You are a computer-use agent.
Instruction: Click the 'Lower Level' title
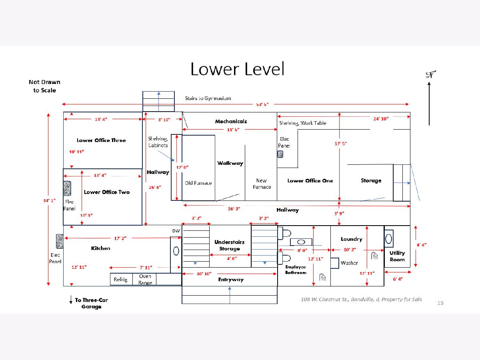237,69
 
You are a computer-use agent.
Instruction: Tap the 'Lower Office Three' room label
101,140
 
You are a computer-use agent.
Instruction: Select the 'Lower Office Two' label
107,192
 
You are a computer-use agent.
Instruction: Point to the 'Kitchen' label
100,248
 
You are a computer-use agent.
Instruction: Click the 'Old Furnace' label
198,183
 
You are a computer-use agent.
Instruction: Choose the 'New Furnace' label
262,184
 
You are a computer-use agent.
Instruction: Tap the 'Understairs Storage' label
229,245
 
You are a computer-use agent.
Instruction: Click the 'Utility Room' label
397,256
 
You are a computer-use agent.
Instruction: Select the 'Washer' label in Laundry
349,263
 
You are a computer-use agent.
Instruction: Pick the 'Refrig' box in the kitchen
120,280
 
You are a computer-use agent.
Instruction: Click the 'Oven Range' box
145,279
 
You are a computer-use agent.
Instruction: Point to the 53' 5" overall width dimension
262,104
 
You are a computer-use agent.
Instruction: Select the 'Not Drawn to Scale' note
44,86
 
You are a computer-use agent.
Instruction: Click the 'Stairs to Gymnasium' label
208,98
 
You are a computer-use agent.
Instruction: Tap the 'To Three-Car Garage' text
91,303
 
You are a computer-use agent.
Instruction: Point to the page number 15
440,303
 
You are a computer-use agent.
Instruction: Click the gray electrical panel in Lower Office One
281,154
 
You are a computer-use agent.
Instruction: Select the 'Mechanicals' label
231,121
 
